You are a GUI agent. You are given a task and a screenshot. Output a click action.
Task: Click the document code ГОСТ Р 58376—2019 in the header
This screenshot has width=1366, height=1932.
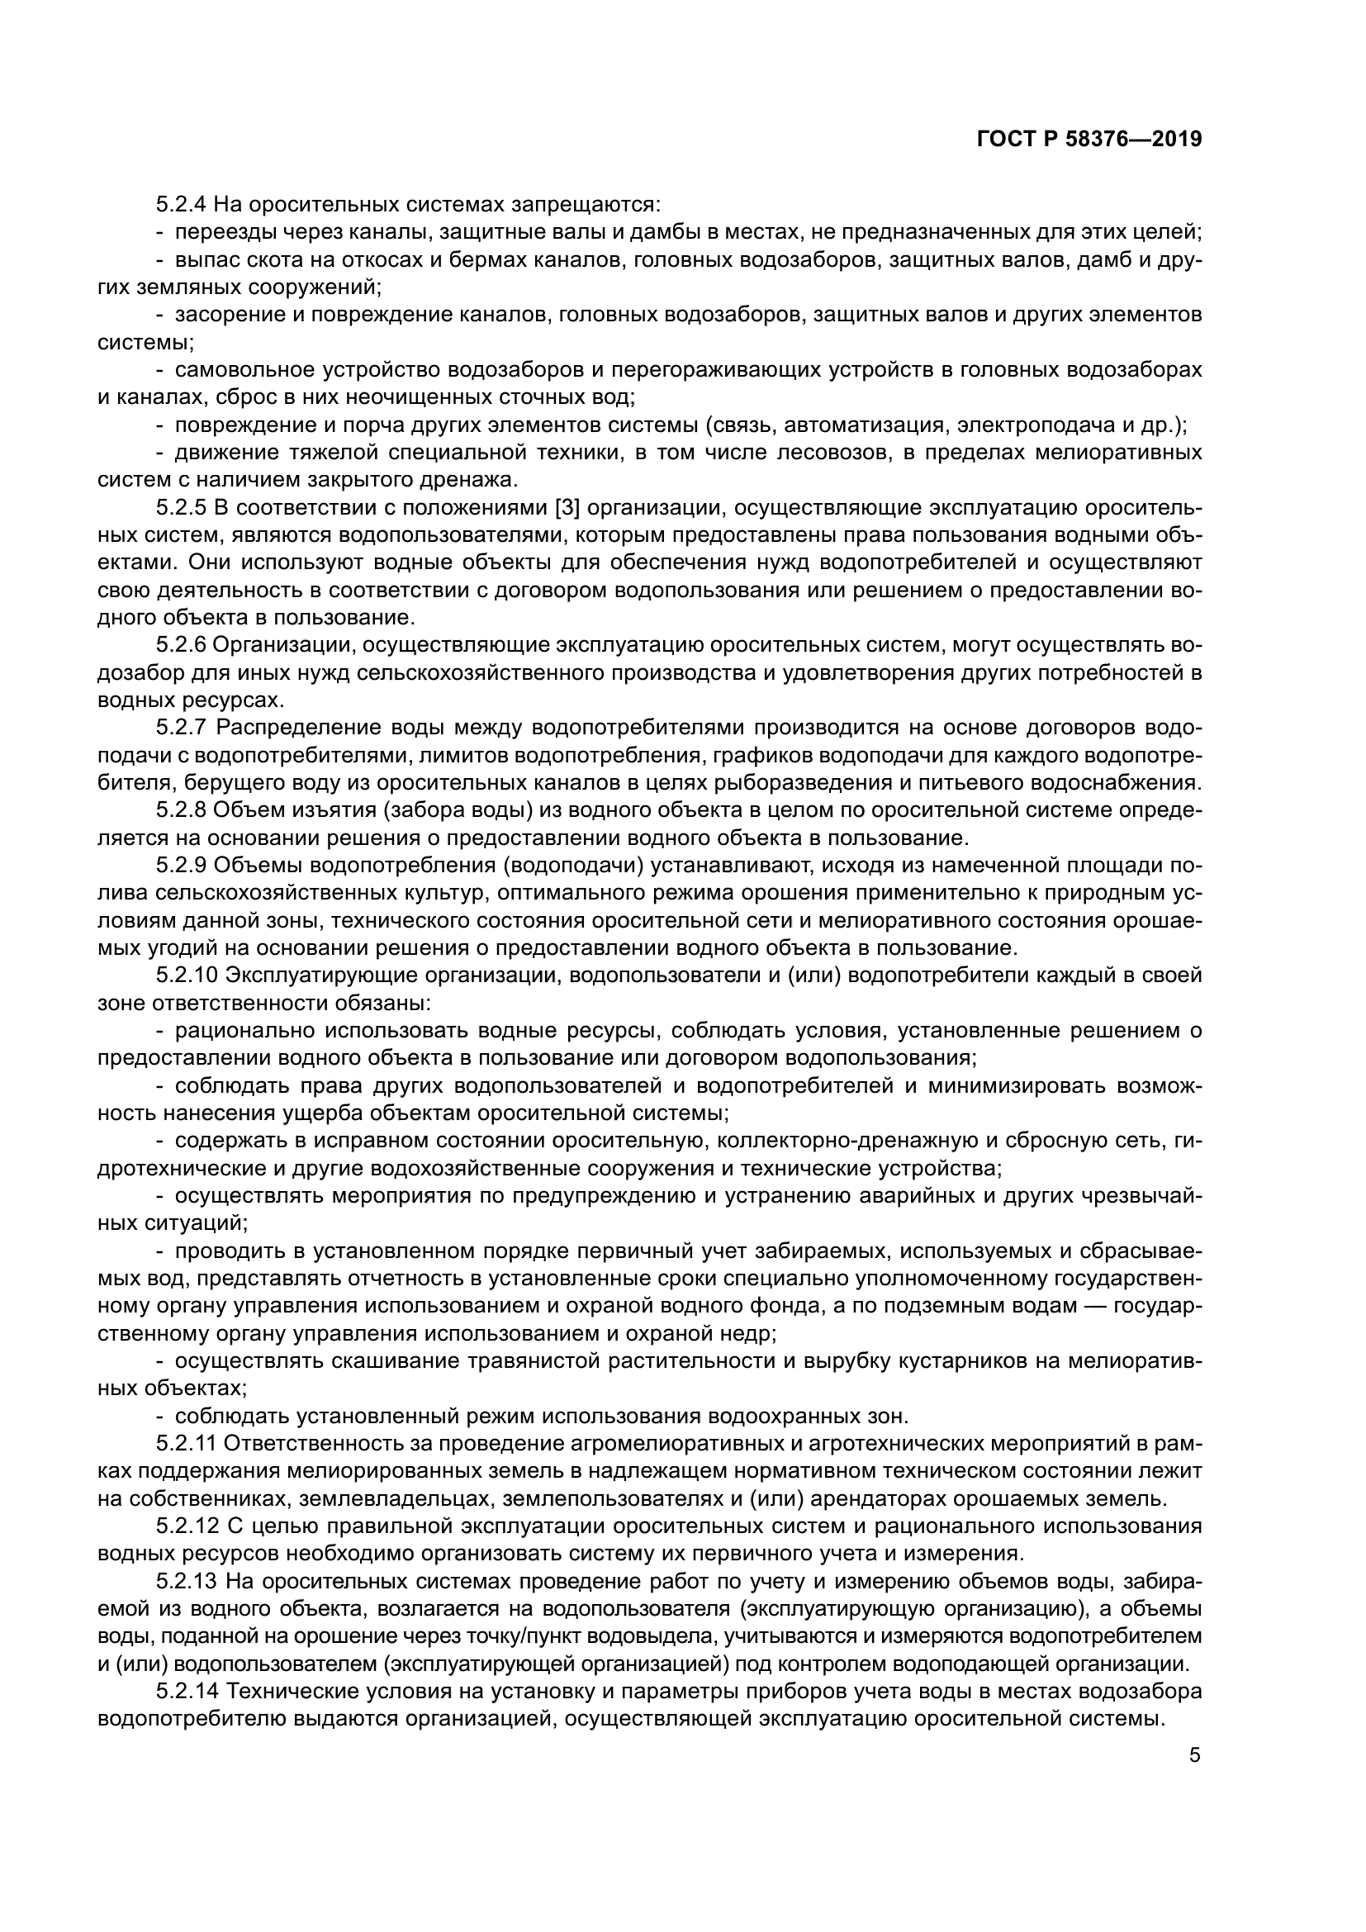click(1089, 140)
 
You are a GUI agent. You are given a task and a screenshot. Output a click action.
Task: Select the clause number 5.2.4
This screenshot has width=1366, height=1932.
click(181, 205)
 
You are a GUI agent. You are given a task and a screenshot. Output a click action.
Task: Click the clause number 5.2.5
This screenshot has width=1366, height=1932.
click(181, 508)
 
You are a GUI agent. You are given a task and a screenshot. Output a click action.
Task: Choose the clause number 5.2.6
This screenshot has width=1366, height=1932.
click(181, 645)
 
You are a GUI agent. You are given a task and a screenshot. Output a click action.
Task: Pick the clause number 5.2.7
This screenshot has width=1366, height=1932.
click(181, 728)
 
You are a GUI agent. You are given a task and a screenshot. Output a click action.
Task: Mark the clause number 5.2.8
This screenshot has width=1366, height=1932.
click(181, 810)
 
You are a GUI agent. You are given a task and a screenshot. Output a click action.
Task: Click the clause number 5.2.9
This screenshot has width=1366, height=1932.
click(181, 865)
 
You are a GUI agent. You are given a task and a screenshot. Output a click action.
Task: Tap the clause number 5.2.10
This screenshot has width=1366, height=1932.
click(187, 975)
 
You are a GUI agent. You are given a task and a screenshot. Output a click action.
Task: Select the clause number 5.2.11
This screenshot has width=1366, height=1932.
click(187, 1444)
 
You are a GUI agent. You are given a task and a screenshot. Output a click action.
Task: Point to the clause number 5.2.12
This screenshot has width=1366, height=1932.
click(187, 1526)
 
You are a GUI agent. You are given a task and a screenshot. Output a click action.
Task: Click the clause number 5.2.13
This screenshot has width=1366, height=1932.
click(187, 1582)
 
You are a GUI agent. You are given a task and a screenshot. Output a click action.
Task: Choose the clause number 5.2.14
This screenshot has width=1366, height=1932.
click(187, 1692)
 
